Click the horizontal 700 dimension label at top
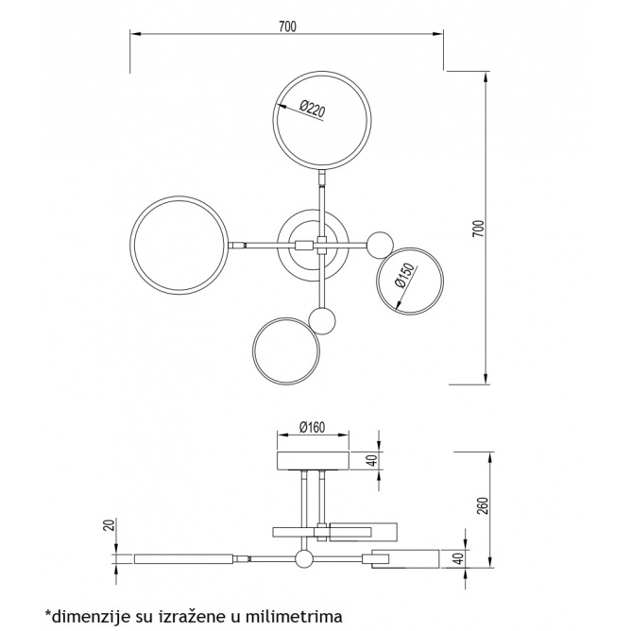point(287,26)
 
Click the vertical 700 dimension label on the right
point(479,229)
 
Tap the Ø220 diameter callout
point(312,109)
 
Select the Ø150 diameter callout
point(405,275)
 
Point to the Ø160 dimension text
point(313,427)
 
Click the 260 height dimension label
point(484,506)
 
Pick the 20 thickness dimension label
point(111,525)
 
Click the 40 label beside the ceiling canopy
point(373,460)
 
